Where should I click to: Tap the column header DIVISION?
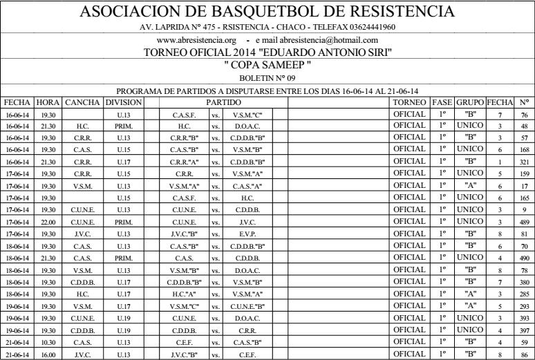click(124, 102)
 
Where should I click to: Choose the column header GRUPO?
click(470, 102)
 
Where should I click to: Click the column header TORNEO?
click(409, 102)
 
